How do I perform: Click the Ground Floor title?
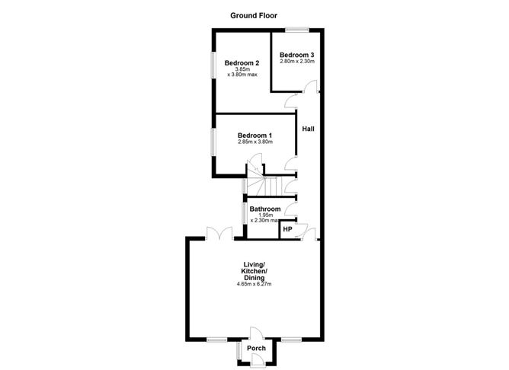click(254, 14)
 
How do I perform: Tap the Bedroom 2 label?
click(242, 63)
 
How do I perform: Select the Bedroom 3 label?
click(296, 55)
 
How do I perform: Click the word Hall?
click(308, 129)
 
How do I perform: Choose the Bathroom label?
click(265, 209)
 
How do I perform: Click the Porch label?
click(257, 348)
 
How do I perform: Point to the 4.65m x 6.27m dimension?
click(254, 285)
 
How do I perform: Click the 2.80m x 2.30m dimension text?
click(296, 62)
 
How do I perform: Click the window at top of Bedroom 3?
click(297, 30)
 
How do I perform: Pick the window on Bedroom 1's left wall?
click(214, 142)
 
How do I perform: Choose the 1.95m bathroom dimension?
click(265, 215)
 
